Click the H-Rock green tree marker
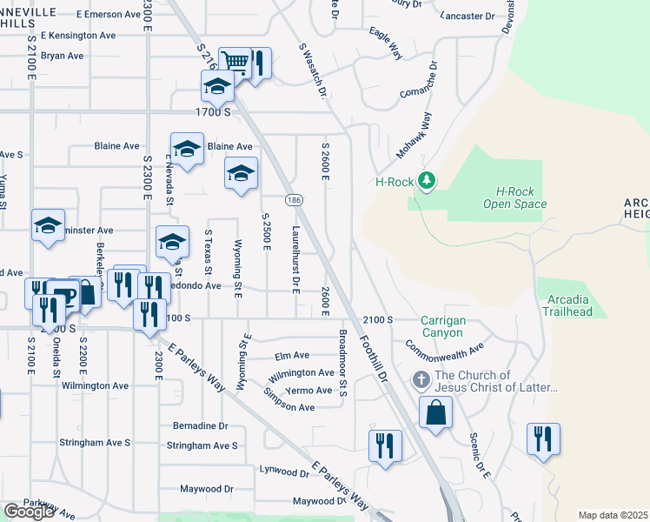coord(426,181)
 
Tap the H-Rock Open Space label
coord(515,197)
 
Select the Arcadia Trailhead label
coord(570,305)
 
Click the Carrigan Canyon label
coord(443,326)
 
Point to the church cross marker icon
coord(421,379)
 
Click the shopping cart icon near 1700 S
coord(235,62)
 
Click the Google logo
coord(29,511)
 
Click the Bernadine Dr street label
coord(200,426)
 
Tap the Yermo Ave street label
coord(312,391)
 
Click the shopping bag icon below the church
coord(435,412)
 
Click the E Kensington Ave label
coord(83,36)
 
